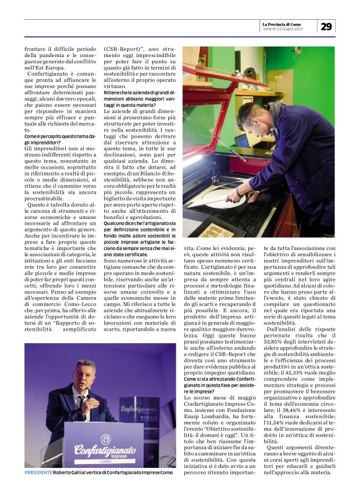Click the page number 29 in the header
326,25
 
